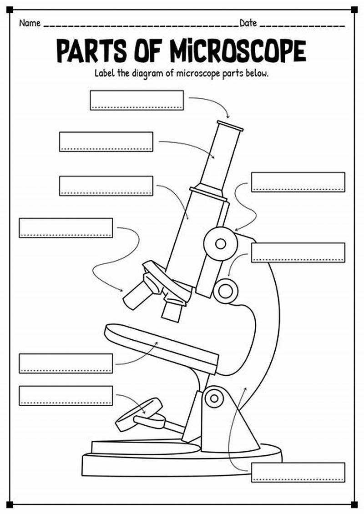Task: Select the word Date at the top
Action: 248,23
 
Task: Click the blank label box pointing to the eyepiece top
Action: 136,100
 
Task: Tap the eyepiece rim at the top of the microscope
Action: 229,126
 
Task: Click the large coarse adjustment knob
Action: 220,244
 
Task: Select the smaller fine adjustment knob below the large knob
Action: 225,290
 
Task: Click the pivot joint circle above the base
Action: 214,398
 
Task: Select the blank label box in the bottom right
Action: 298,472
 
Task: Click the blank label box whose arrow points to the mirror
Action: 66,395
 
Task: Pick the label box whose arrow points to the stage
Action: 66,363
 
